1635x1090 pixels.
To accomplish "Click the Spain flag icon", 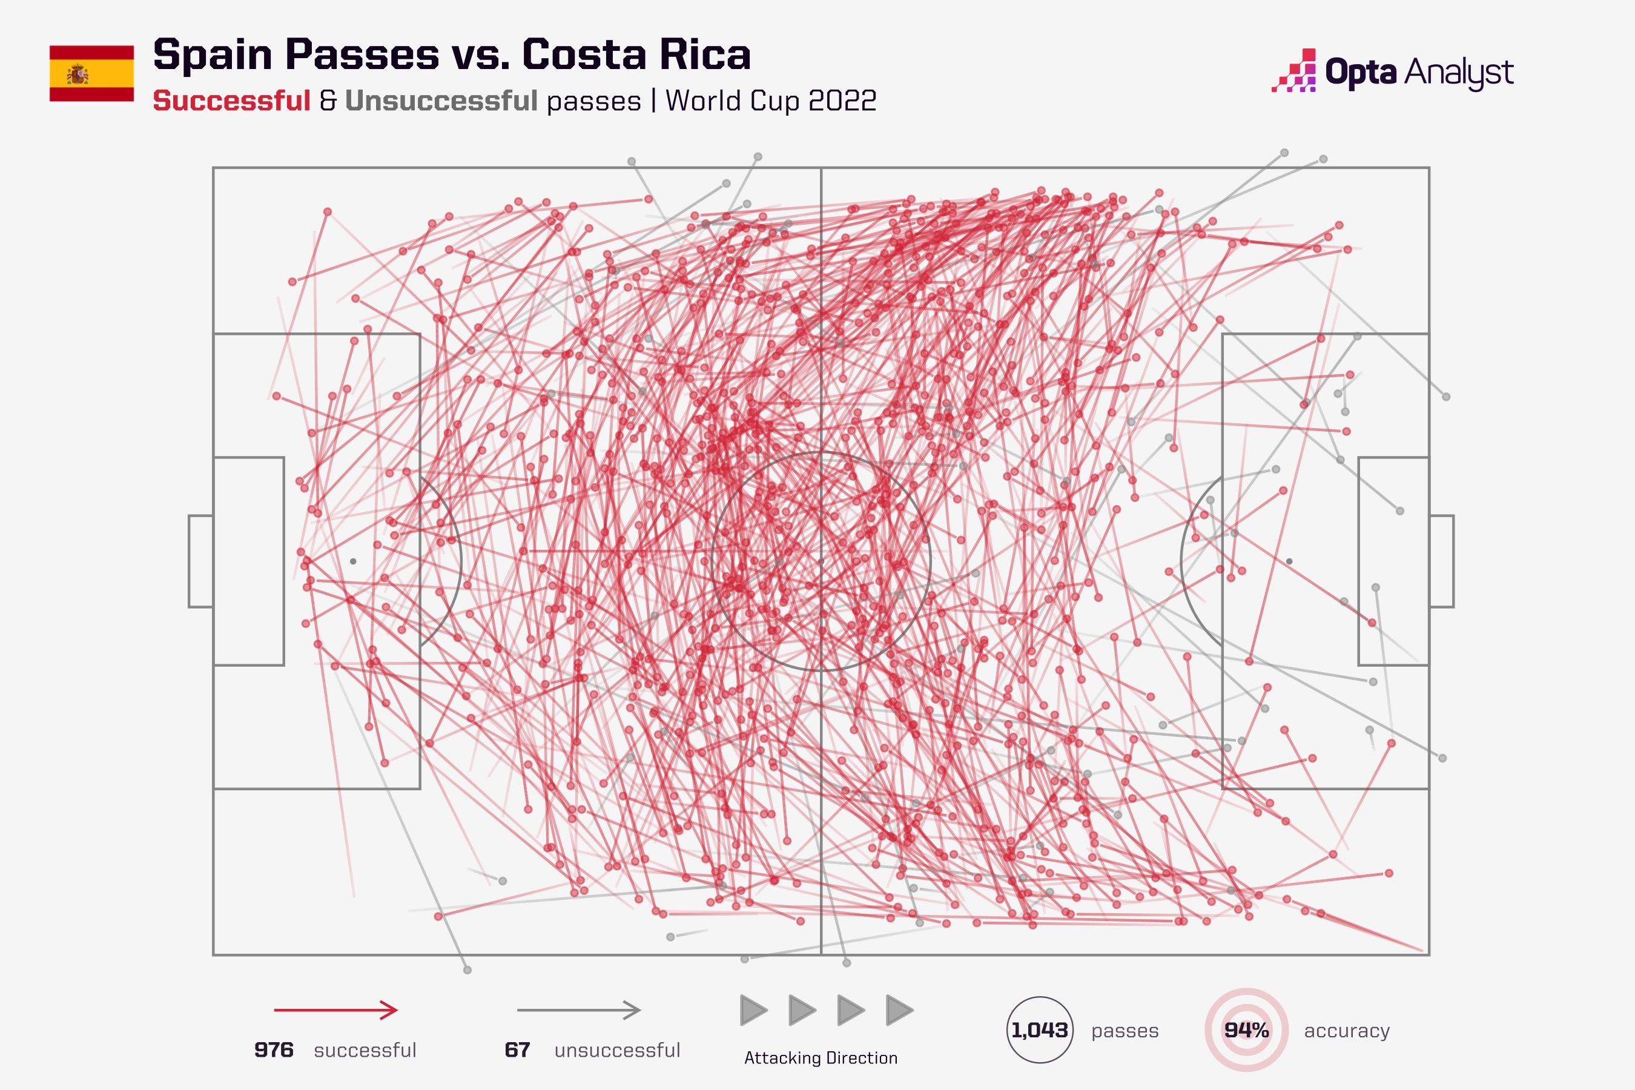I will click(x=91, y=74).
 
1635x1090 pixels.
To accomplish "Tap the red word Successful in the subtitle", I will click(x=231, y=101).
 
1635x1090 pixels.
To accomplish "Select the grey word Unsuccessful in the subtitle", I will click(x=441, y=101).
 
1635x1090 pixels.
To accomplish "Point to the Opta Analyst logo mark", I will click(x=1295, y=71).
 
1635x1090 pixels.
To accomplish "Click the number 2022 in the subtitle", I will click(x=842, y=101).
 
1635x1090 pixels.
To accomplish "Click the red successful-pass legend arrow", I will click(x=335, y=1009).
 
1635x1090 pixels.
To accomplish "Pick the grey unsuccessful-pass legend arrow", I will click(x=578, y=1009).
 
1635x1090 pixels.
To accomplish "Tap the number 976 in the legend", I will click(x=274, y=1049).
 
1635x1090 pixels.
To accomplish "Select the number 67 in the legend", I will click(x=517, y=1049).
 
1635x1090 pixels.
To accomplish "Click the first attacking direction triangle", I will click(x=753, y=1010).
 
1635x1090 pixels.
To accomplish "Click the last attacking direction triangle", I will click(x=899, y=1010).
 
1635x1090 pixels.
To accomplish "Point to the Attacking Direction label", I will click(x=821, y=1058).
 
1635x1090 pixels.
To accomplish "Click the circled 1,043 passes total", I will click(x=1039, y=1029).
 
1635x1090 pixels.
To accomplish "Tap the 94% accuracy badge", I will click(x=1246, y=1029).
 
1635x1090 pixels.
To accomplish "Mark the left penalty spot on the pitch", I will click(x=353, y=561).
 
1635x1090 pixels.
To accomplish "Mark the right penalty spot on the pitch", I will click(x=1289, y=561).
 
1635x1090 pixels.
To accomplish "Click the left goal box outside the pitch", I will click(x=201, y=561).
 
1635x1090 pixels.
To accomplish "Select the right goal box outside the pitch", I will click(x=1441, y=561).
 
